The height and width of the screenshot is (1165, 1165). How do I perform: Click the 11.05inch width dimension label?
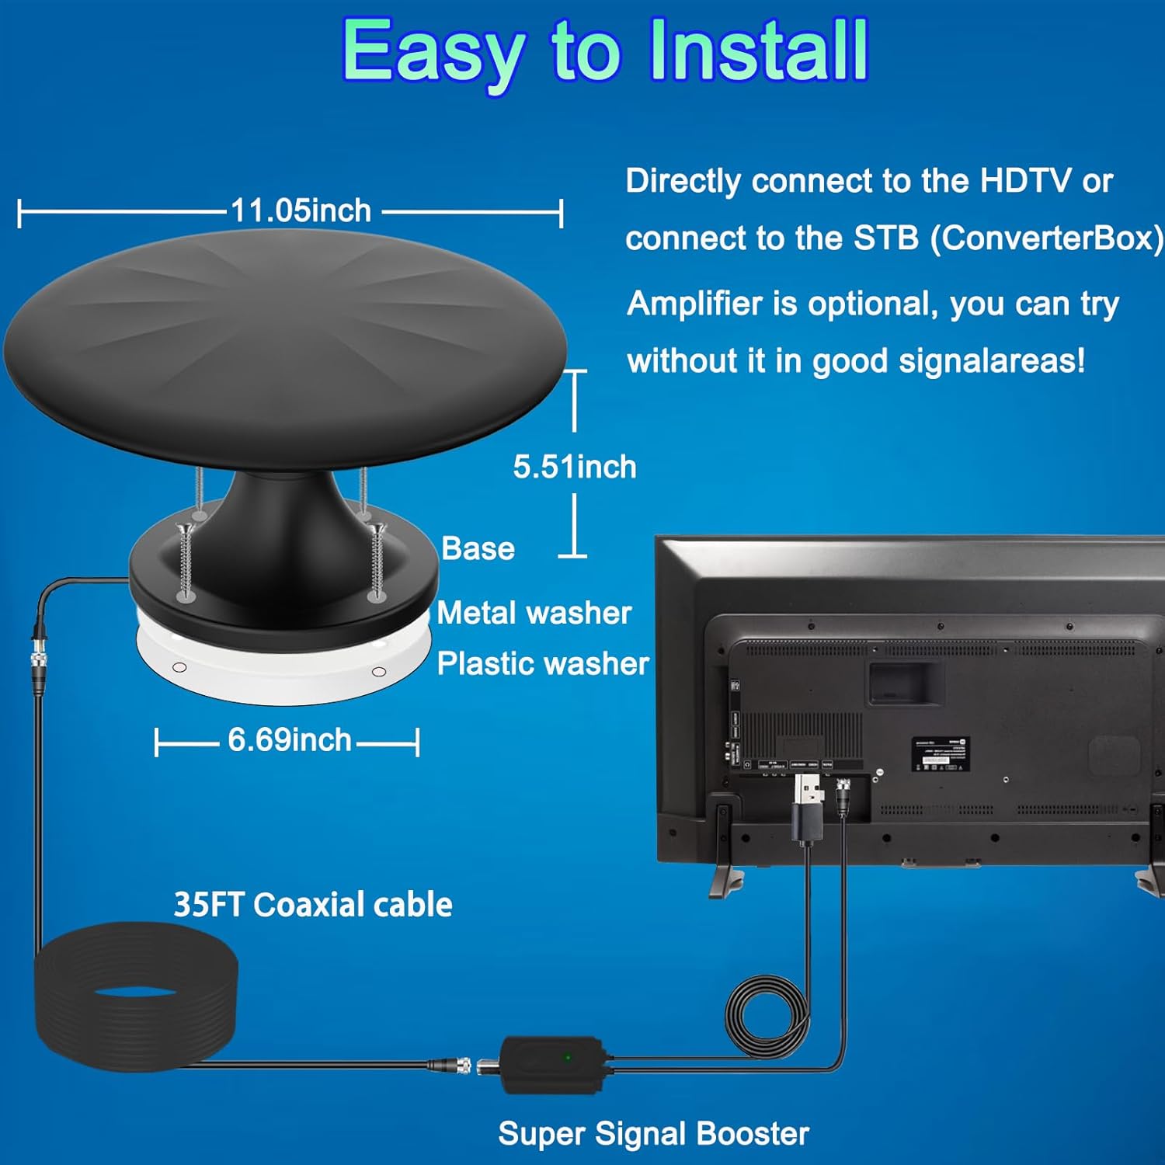pos(301,211)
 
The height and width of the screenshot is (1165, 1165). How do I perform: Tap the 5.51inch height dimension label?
pos(574,467)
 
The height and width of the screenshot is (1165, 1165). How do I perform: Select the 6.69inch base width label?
pos(289,740)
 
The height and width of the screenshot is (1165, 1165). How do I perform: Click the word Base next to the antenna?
pos(478,549)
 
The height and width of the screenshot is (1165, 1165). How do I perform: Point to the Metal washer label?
pos(534,614)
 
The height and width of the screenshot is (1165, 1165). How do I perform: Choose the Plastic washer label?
pos(542,664)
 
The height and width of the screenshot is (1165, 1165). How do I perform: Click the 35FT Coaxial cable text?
pos(312,905)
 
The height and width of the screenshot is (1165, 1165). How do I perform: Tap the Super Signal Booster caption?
pos(653,1134)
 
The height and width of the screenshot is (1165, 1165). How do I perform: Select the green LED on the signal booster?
pos(568,1057)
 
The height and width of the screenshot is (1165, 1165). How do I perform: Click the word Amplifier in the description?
pos(694,304)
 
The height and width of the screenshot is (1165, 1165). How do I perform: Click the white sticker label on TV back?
pos(940,754)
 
